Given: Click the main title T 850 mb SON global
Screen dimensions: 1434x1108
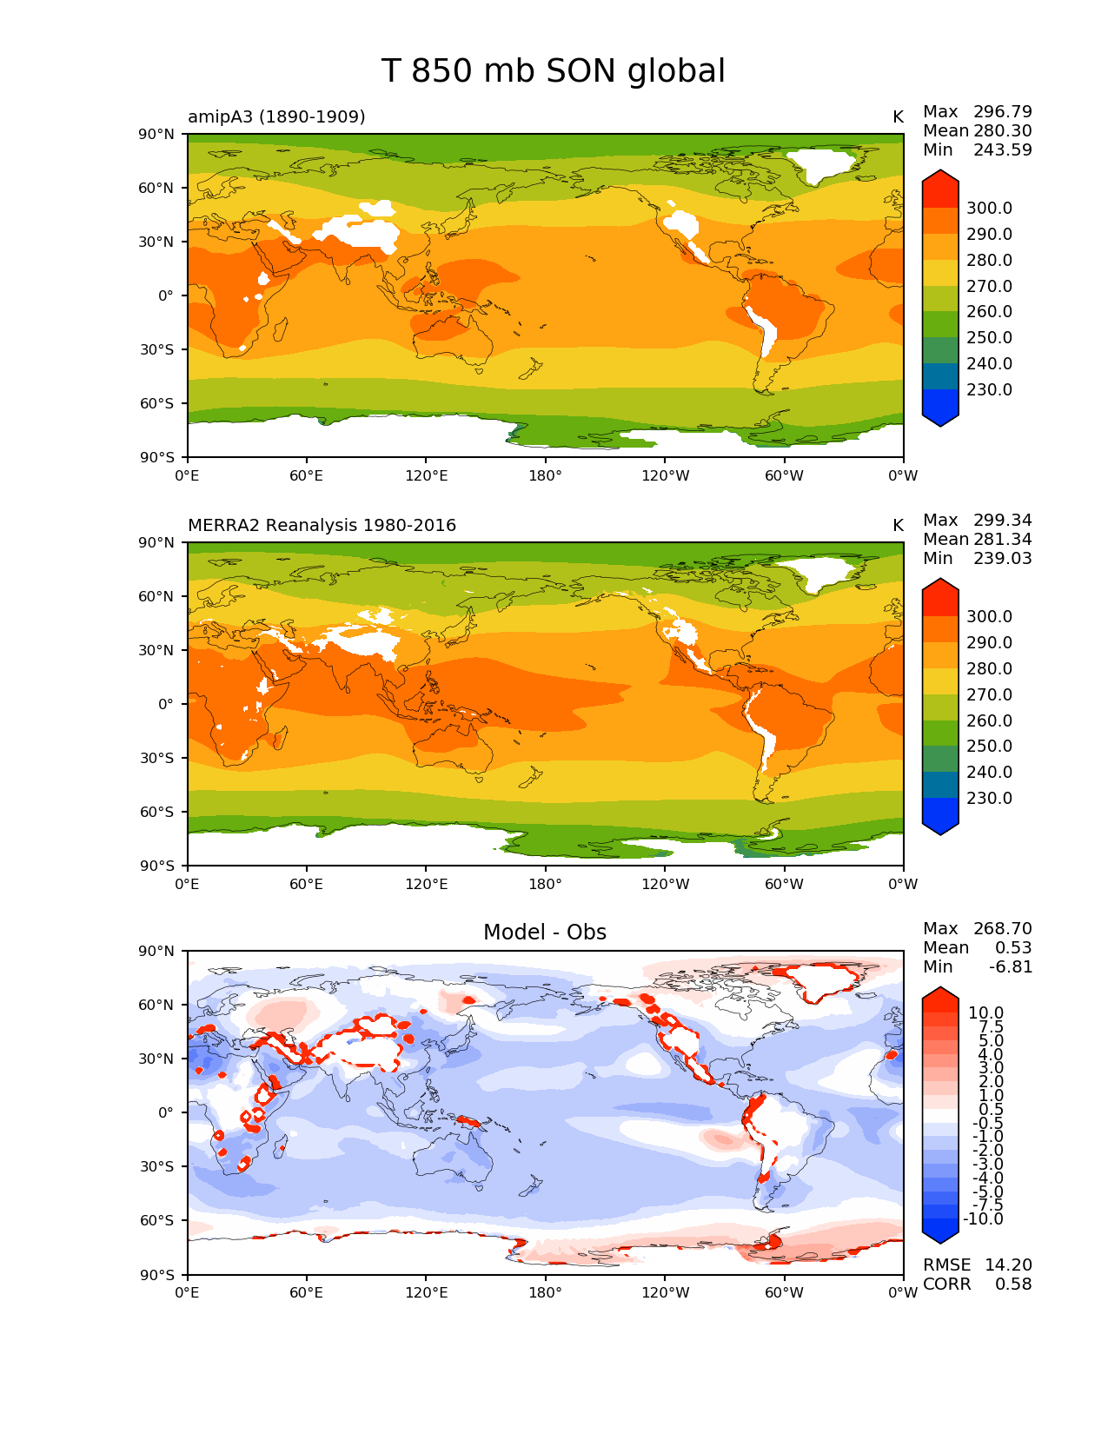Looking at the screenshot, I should point(553,71).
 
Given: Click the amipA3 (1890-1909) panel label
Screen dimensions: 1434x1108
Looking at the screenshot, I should point(276,116).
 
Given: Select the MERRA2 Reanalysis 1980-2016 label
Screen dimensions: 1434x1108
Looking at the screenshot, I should point(322,525).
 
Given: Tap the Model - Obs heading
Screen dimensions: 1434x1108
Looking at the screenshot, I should point(545,933).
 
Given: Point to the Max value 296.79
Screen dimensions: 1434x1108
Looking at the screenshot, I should point(1002,111).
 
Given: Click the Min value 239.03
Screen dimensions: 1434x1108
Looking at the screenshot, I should point(1002,558).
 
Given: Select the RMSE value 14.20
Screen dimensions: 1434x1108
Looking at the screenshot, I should point(1008,1265).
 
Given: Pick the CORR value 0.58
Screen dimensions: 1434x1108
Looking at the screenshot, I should point(1013,1284).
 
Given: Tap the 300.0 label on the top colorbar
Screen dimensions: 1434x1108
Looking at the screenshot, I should point(989,208).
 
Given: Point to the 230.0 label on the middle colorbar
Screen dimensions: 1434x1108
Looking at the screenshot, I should point(989,798).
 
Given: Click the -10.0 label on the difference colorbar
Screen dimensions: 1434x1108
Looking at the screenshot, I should point(983,1218).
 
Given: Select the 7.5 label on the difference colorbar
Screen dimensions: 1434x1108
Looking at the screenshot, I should point(991,1026).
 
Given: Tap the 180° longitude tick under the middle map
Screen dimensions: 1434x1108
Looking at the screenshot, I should point(545,884).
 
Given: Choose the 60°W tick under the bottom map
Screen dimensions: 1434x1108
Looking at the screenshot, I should point(784,1292).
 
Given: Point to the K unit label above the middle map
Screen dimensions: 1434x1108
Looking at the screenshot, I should point(898,525).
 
